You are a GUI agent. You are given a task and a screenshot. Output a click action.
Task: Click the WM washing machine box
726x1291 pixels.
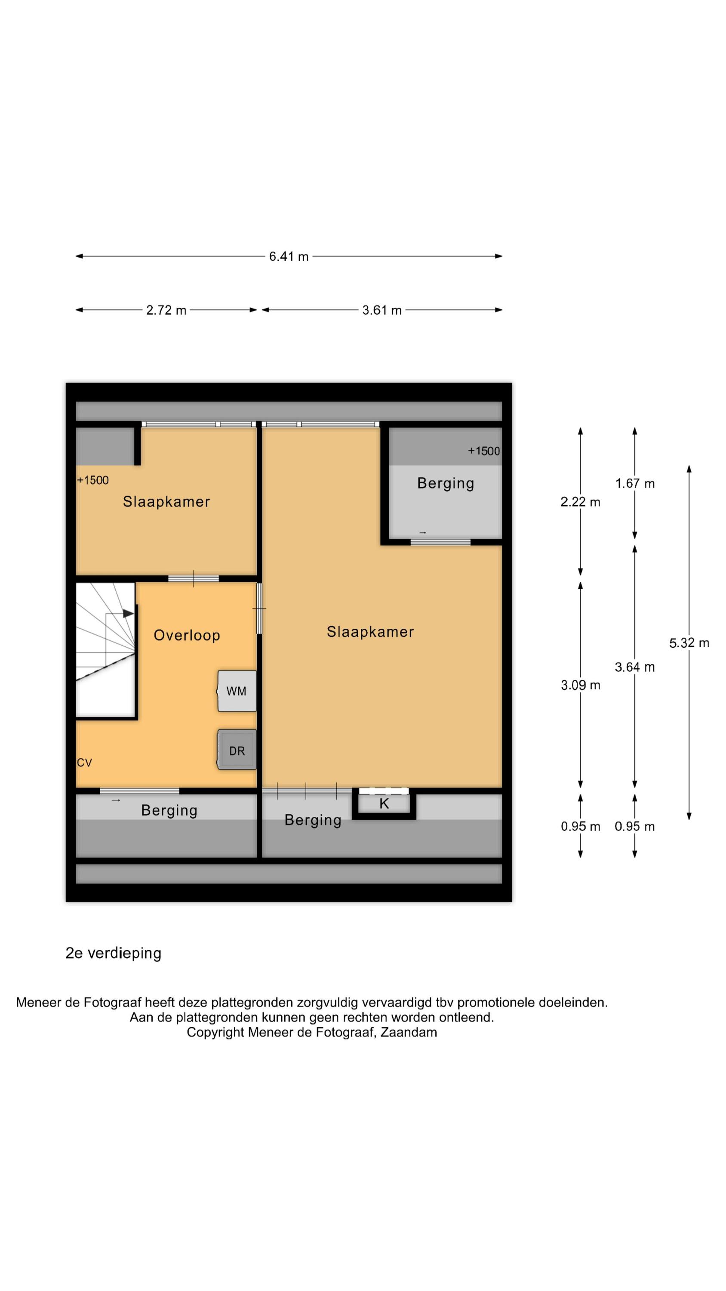click(237, 691)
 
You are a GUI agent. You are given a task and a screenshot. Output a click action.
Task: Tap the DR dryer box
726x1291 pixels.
click(237, 750)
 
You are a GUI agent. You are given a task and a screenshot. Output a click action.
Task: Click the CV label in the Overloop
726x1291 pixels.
click(84, 763)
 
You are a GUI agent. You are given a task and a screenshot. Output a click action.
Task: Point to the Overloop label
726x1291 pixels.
click(187, 636)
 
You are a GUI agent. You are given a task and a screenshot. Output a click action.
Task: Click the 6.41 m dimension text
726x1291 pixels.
click(289, 256)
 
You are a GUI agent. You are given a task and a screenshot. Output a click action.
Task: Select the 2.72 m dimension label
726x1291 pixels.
click(166, 310)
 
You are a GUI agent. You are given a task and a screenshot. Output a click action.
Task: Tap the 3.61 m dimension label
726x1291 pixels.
click(382, 310)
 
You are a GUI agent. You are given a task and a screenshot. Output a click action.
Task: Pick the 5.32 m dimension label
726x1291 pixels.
click(689, 643)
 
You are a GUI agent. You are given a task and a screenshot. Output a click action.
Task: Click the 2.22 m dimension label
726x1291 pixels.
click(580, 502)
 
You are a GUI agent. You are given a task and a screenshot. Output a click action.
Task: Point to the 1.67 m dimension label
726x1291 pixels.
click(635, 484)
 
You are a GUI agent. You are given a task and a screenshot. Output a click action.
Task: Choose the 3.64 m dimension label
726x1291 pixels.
click(635, 667)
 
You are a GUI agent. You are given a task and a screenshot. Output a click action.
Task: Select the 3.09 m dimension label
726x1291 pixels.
click(580, 685)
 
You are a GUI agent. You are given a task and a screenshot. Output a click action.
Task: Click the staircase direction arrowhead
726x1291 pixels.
click(128, 613)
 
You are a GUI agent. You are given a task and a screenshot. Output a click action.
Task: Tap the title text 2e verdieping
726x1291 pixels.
click(113, 953)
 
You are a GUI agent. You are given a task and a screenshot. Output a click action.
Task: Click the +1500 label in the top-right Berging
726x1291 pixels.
click(483, 451)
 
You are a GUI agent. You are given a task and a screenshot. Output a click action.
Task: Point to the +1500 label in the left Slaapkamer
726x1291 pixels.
click(93, 480)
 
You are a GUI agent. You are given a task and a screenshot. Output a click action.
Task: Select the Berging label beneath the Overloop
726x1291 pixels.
click(169, 810)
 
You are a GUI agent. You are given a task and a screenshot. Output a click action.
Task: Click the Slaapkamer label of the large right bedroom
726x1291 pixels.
click(370, 632)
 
